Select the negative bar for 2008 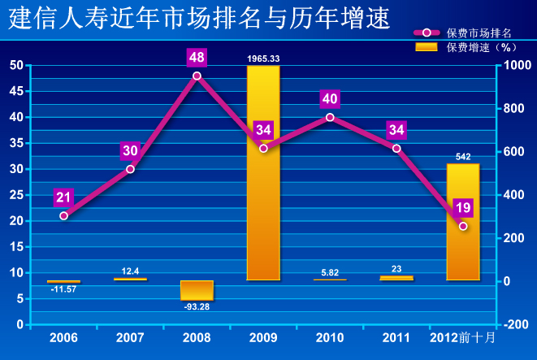coord(197,290)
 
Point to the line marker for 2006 coord(63,215)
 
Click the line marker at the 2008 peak coord(197,76)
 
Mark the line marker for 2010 coord(330,117)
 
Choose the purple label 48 coord(197,58)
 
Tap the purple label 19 coord(463,208)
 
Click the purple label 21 coord(63,197)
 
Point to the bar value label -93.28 coord(197,306)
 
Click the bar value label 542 coord(463,156)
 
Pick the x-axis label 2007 coord(130,337)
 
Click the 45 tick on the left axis coord(17,91)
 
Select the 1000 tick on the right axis coord(516,66)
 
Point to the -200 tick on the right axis coord(517,324)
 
